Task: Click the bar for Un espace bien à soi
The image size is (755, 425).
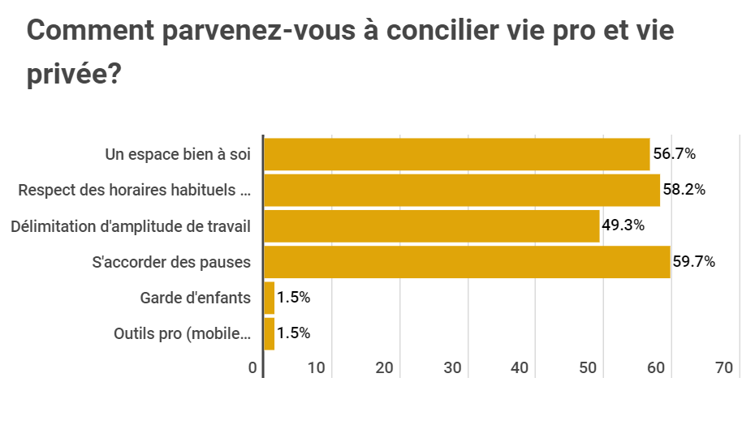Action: (x=457, y=154)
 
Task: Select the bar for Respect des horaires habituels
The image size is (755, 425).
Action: (x=462, y=190)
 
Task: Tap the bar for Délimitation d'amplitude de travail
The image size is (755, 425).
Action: (x=432, y=225)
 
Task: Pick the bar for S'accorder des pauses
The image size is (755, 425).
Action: (x=467, y=261)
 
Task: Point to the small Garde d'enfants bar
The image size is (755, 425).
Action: (x=270, y=298)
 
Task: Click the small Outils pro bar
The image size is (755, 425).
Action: (x=270, y=333)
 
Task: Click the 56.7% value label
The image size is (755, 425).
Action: (x=675, y=154)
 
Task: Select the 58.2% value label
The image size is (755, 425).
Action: (x=684, y=190)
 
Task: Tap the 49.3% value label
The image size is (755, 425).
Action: (x=623, y=225)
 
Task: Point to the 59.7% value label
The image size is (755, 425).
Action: (x=694, y=261)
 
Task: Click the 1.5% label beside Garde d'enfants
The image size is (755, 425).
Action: (x=293, y=298)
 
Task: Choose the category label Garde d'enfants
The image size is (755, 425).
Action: (x=196, y=298)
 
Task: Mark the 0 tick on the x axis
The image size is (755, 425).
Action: (x=253, y=368)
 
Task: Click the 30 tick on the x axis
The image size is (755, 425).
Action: (x=453, y=368)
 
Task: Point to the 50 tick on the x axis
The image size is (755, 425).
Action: (x=589, y=368)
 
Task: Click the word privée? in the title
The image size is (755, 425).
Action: (x=74, y=75)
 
